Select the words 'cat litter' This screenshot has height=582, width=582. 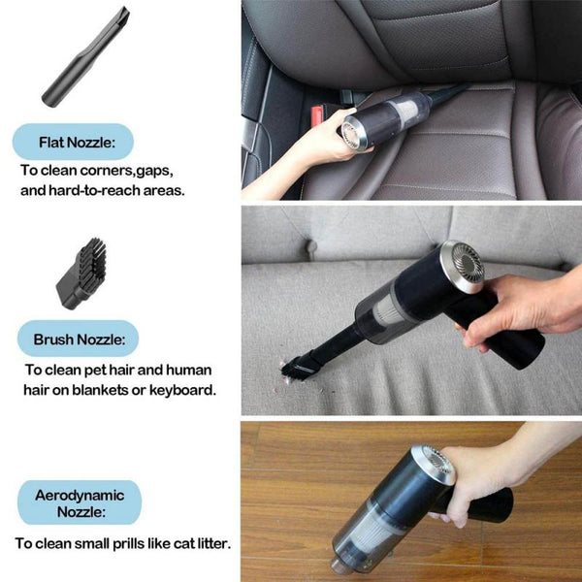point(198,543)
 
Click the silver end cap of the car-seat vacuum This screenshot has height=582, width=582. point(355,133)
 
